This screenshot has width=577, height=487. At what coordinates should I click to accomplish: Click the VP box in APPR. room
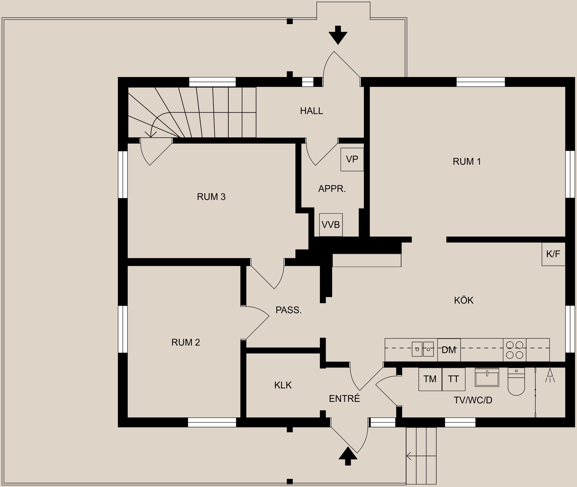pyautogui.click(x=352, y=159)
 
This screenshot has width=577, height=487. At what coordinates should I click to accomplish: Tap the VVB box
pyautogui.click(x=331, y=225)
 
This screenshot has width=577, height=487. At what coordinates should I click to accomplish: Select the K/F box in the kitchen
pyautogui.click(x=553, y=254)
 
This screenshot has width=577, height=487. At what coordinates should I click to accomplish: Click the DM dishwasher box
pyautogui.click(x=449, y=350)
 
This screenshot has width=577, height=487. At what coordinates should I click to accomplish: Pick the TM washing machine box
pyautogui.click(x=430, y=379)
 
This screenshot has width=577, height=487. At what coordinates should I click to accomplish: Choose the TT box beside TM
pyautogui.click(x=453, y=379)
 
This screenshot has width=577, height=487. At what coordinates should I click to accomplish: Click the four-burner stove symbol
pyautogui.click(x=514, y=350)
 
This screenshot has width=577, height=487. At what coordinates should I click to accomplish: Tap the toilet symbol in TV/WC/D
pyautogui.click(x=516, y=381)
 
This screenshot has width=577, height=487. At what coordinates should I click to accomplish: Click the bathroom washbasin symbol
pyautogui.click(x=487, y=377)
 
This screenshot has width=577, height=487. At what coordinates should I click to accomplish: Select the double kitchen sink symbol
pyautogui.click(x=423, y=349)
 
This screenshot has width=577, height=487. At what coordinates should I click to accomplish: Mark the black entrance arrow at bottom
pyautogui.click(x=348, y=456)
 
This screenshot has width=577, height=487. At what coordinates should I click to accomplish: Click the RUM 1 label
pyautogui.click(x=467, y=162)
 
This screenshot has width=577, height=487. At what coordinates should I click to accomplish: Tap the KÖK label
pyautogui.click(x=464, y=300)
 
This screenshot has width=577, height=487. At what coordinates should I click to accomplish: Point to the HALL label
pyautogui.click(x=311, y=111)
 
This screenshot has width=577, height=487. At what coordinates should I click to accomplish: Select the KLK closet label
pyautogui.click(x=283, y=385)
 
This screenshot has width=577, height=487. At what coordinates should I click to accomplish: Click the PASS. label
pyautogui.click(x=288, y=310)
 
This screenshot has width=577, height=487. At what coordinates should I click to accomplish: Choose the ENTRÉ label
pyautogui.click(x=344, y=399)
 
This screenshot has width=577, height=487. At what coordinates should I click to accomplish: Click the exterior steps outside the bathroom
pyautogui.click(x=421, y=456)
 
